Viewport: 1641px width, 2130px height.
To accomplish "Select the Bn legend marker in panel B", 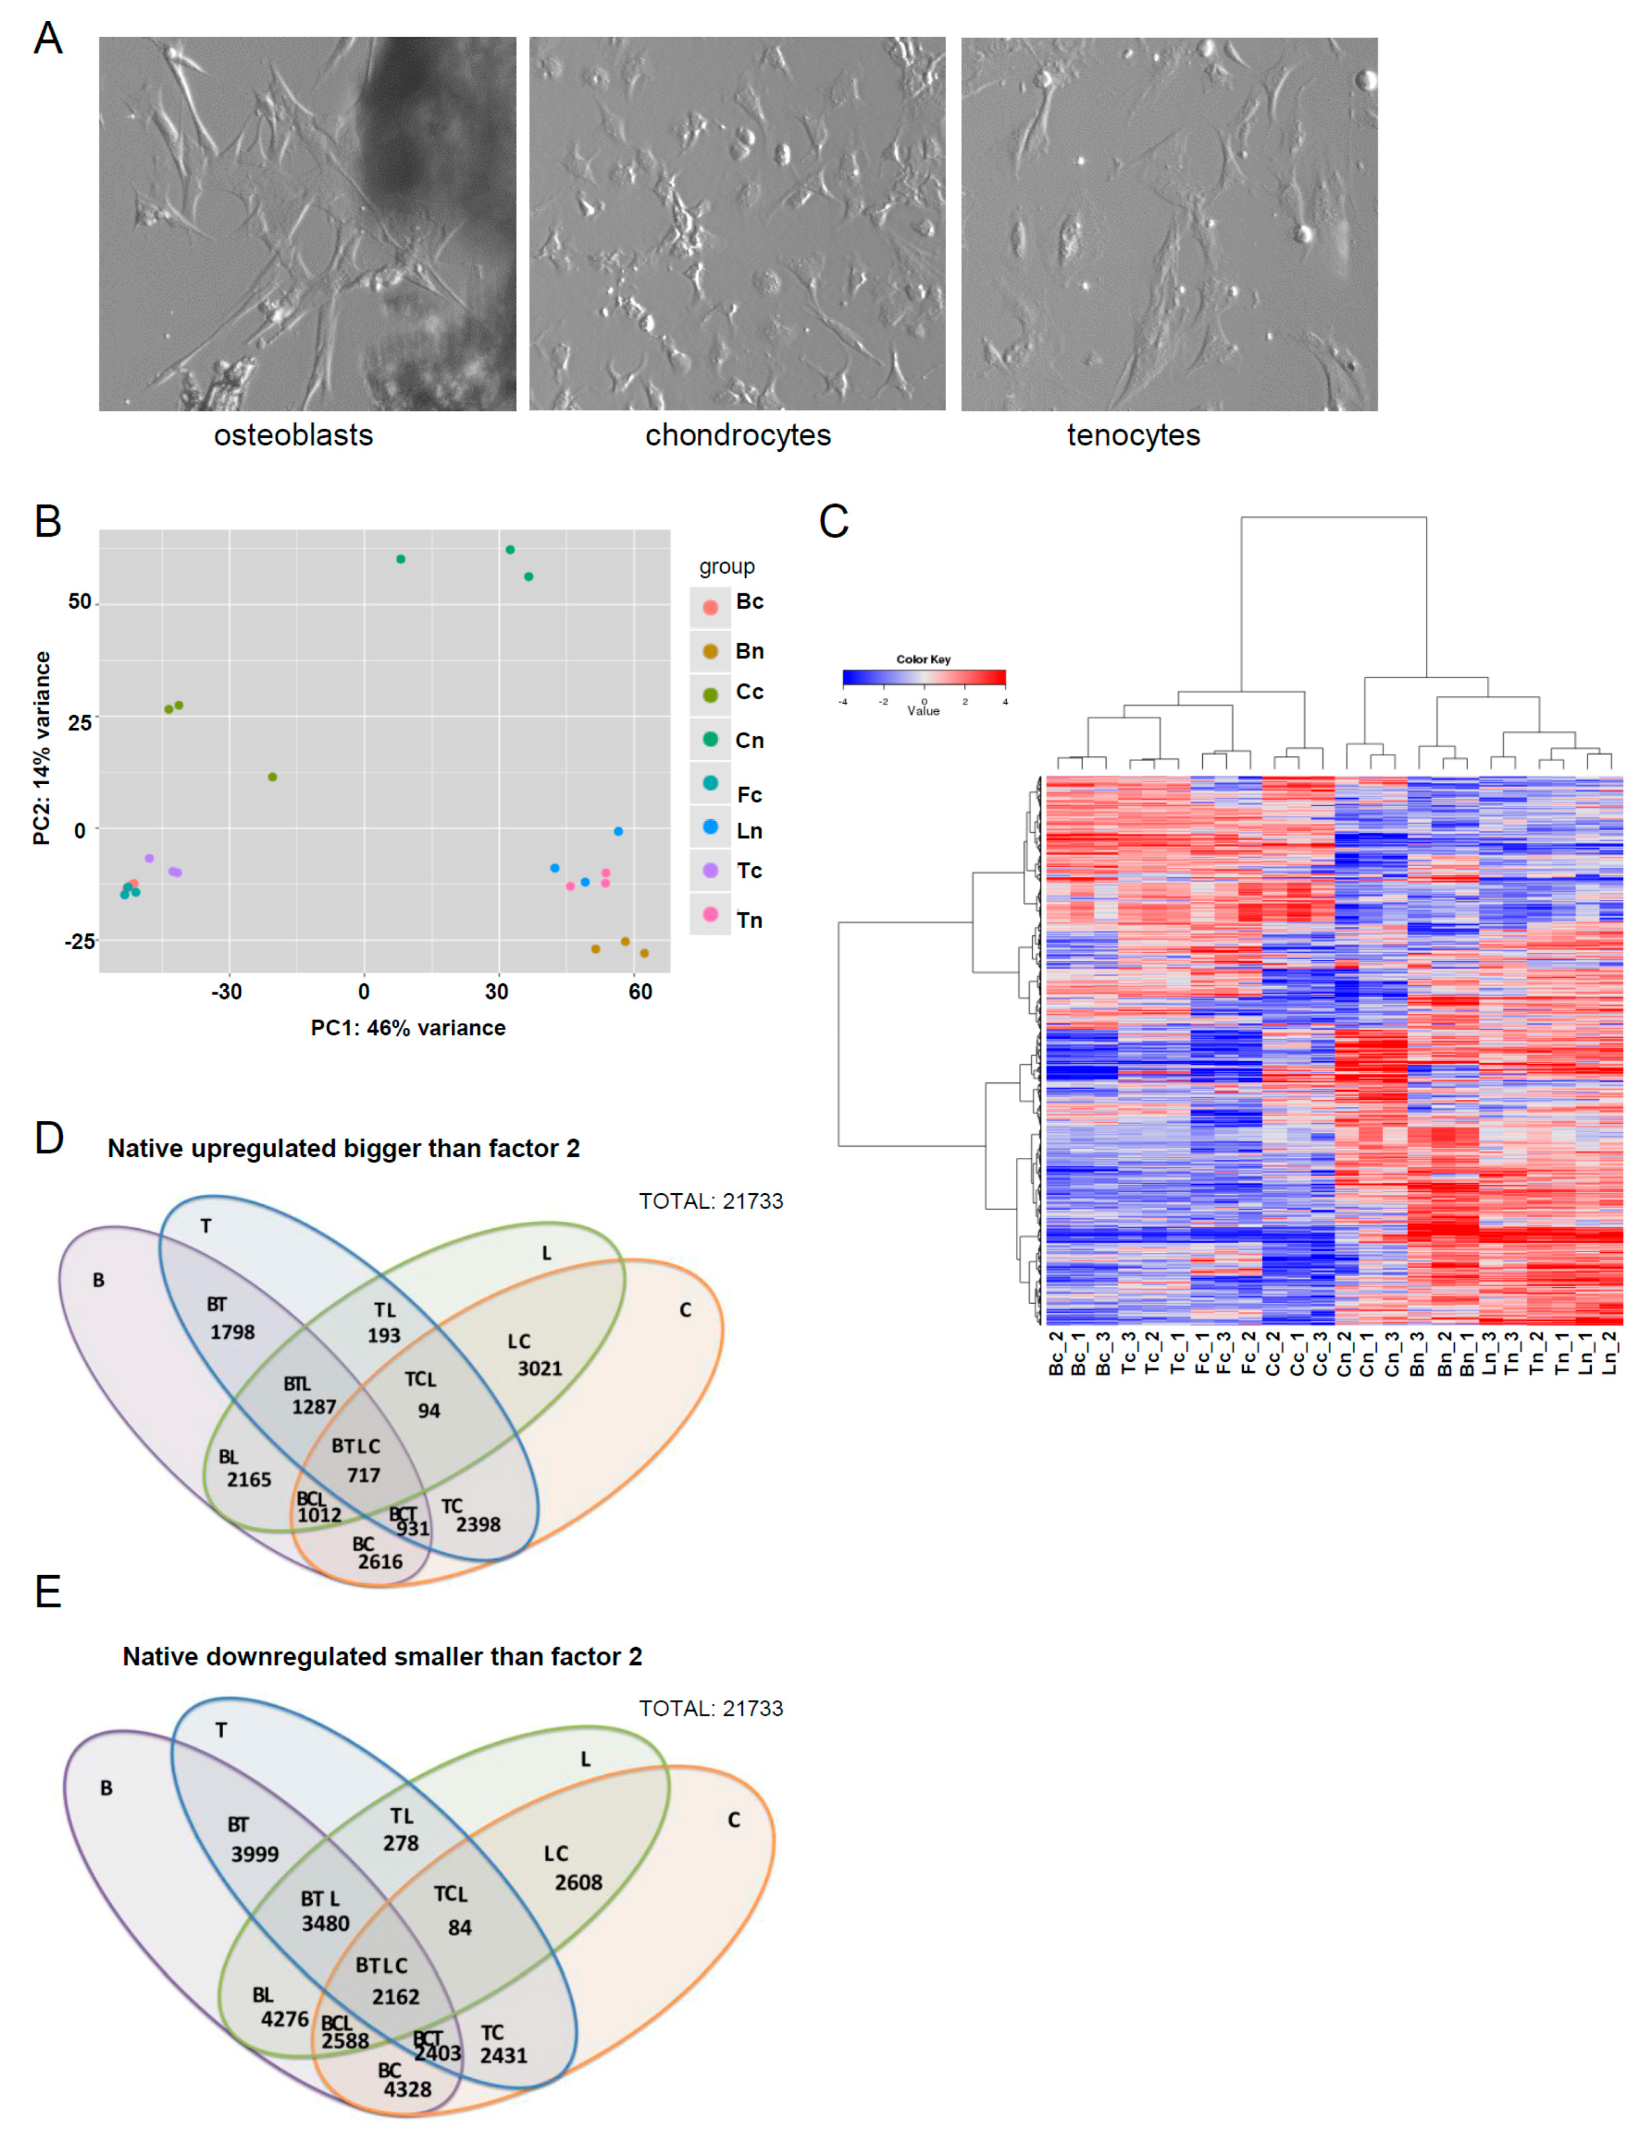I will tap(711, 652).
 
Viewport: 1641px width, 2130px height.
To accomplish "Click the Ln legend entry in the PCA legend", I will tap(749, 831).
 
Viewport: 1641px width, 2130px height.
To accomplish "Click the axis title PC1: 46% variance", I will tap(408, 1028).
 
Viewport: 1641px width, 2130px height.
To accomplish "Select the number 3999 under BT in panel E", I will tap(254, 1854).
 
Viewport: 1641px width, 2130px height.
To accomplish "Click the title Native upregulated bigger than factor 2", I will tap(343, 1149).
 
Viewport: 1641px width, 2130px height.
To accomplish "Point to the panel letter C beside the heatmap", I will tap(834, 522).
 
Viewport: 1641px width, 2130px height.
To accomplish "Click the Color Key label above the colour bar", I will tap(923, 659).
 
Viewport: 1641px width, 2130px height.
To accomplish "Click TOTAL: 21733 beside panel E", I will tap(711, 1709).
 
